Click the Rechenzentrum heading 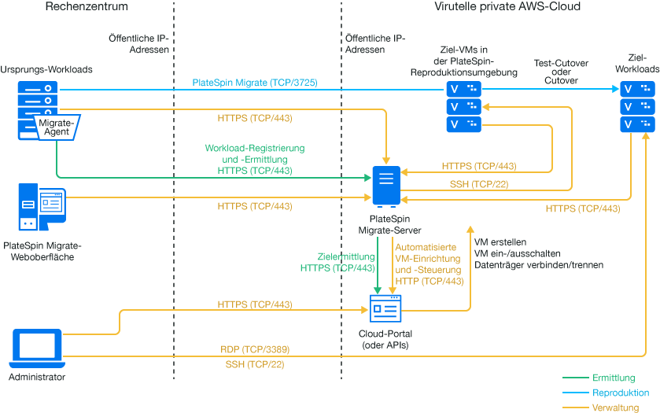click(87, 7)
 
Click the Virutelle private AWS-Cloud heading click(507, 7)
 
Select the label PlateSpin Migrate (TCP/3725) click(255, 82)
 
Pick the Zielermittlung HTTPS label click(337, 262)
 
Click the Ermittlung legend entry click(614, 378)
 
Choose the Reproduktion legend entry click(621, 393)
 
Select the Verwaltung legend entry click(616, 407)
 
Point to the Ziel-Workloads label click(638, 64)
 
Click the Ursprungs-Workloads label click(46, 69)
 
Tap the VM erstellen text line click(500, 242)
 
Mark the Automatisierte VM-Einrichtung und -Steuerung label click(429, 264)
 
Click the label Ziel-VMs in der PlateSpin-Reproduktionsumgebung click(463, 61)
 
